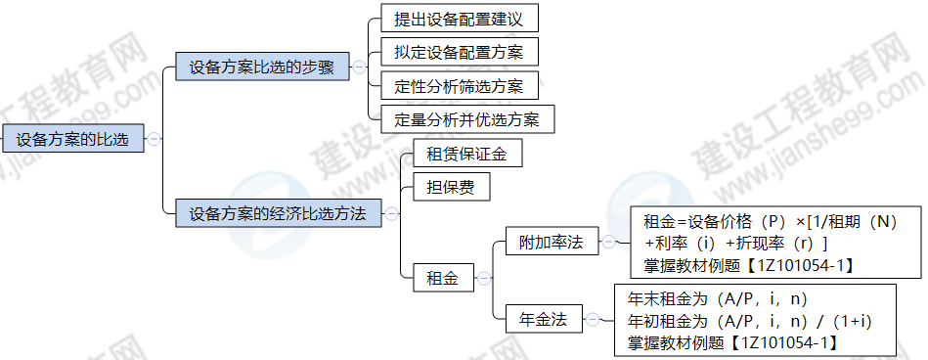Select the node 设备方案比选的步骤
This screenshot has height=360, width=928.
pyautogui.click(x=261, y=67)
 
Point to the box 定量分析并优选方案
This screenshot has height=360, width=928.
pyautogui.click(x=466, y=120)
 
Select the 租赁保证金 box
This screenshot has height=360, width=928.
pyautogui.click(x=460, y=154)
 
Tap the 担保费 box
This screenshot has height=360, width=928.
pyautogui.click(x=444, y=187)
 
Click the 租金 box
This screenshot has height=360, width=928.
pyautogui.click(x=442, y=279)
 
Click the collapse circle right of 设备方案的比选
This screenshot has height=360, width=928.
pyautogui.click(x=154, y=140)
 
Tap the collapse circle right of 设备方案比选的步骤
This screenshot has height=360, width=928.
pyautogui.click(x=358, y=67)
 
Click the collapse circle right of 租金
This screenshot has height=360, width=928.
pyautogui.click(x=482, y=279)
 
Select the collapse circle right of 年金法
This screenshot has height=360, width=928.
pyautogui.click(x=592, y=318)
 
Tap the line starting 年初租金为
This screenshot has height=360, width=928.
pyautogui.click(x=749, y=320)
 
